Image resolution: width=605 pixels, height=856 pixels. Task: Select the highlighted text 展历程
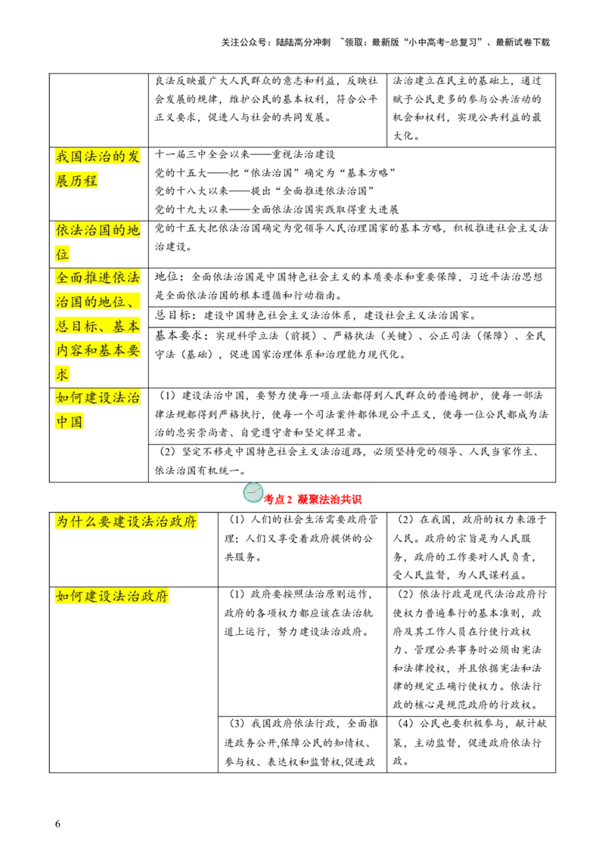(77, 181)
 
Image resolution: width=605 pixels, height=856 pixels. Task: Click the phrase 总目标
(76, 327)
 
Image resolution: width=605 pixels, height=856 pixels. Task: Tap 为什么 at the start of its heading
(76, 522)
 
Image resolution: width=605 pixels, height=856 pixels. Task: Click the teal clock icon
(253, 493)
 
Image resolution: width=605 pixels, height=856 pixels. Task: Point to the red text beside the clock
(315, 499)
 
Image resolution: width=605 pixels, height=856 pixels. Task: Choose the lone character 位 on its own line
(62, 254)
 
